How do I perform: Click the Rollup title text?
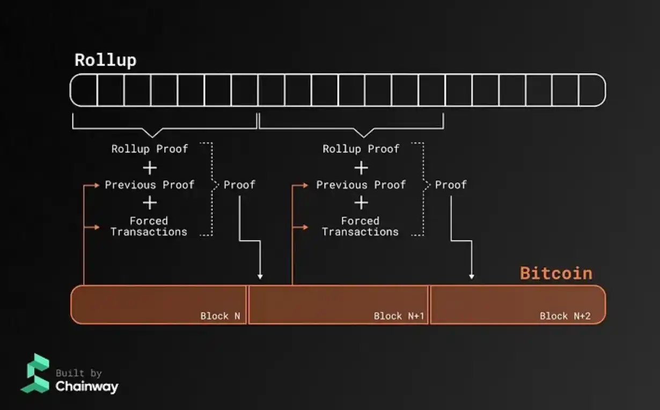(105, 60)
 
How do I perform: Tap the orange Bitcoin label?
(556, 273)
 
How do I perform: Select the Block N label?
(220, 316)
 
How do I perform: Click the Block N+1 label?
(399, 316)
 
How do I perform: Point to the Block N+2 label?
(565, 316)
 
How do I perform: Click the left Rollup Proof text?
(150, 149)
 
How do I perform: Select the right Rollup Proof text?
(361, 149)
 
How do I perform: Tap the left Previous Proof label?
(150, 185)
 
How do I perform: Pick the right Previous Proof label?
(361, 185)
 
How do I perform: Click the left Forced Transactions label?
(149, 226)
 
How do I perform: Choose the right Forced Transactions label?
(360, 226)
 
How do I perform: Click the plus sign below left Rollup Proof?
(150, 167)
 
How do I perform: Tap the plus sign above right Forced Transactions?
(361, 203)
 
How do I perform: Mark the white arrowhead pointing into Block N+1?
(260, 276)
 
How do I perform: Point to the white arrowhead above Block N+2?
(472, 276)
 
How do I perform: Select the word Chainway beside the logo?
(87, 386)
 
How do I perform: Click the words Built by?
(78, 373)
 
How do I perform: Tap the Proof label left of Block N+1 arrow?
(239, 185)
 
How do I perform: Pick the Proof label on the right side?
(451, 185)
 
